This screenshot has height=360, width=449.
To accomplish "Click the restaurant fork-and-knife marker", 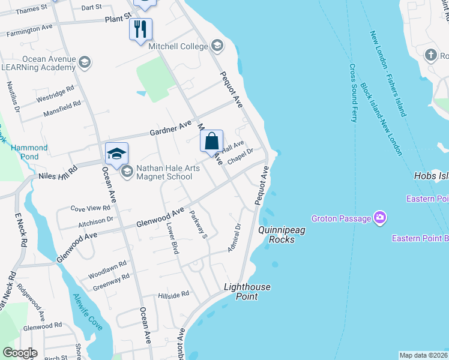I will coord(140,29).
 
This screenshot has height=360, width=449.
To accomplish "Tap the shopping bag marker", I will coord(211,142).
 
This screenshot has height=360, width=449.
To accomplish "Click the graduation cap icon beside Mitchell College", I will coord(217,45).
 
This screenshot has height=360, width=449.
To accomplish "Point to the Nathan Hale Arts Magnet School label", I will coord(165,173).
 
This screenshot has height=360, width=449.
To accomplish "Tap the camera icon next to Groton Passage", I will coord(379,217).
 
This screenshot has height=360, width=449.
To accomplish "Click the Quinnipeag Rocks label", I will coord(277,235).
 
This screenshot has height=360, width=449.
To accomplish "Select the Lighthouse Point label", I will coord(247,292).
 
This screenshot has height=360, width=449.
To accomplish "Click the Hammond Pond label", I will coord(29,152).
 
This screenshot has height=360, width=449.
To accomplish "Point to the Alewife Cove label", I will coord(87,312).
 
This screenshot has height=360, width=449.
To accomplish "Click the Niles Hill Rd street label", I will coord(58,175).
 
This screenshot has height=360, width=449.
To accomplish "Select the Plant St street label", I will coord(117,20).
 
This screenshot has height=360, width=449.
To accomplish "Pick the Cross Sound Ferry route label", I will coord(353,93).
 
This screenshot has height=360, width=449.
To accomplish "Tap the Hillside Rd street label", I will coord(173,295).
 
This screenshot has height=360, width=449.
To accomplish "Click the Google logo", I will coord(19,353).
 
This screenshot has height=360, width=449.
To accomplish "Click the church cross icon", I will coord(430,56).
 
